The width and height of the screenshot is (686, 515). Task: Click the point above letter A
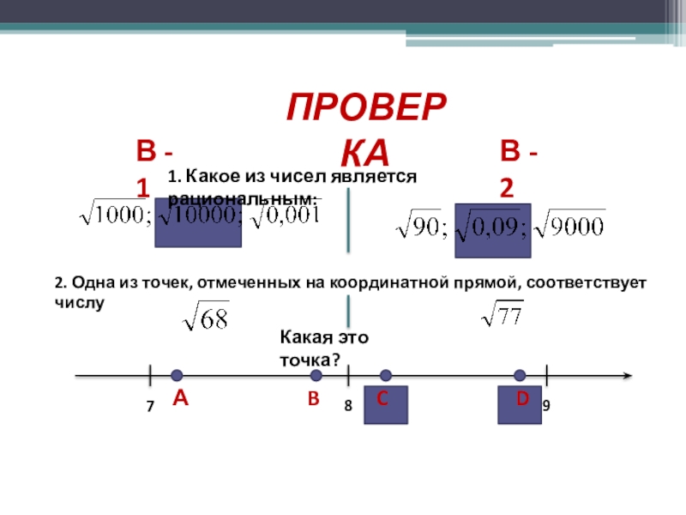(177, 376)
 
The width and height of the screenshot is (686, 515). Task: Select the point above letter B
(316, 376)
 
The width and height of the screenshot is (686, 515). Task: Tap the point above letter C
(386, 376)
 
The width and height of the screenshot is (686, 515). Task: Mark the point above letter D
(520, 376)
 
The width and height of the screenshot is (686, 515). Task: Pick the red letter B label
(313, 399)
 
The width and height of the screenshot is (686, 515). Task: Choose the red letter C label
(383, 400)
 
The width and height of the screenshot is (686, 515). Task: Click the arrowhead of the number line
(628, 376)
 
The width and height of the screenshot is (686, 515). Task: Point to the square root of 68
(206, 318)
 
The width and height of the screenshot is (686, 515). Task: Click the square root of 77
(502, 316)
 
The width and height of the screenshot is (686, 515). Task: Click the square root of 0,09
(492, 227)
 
